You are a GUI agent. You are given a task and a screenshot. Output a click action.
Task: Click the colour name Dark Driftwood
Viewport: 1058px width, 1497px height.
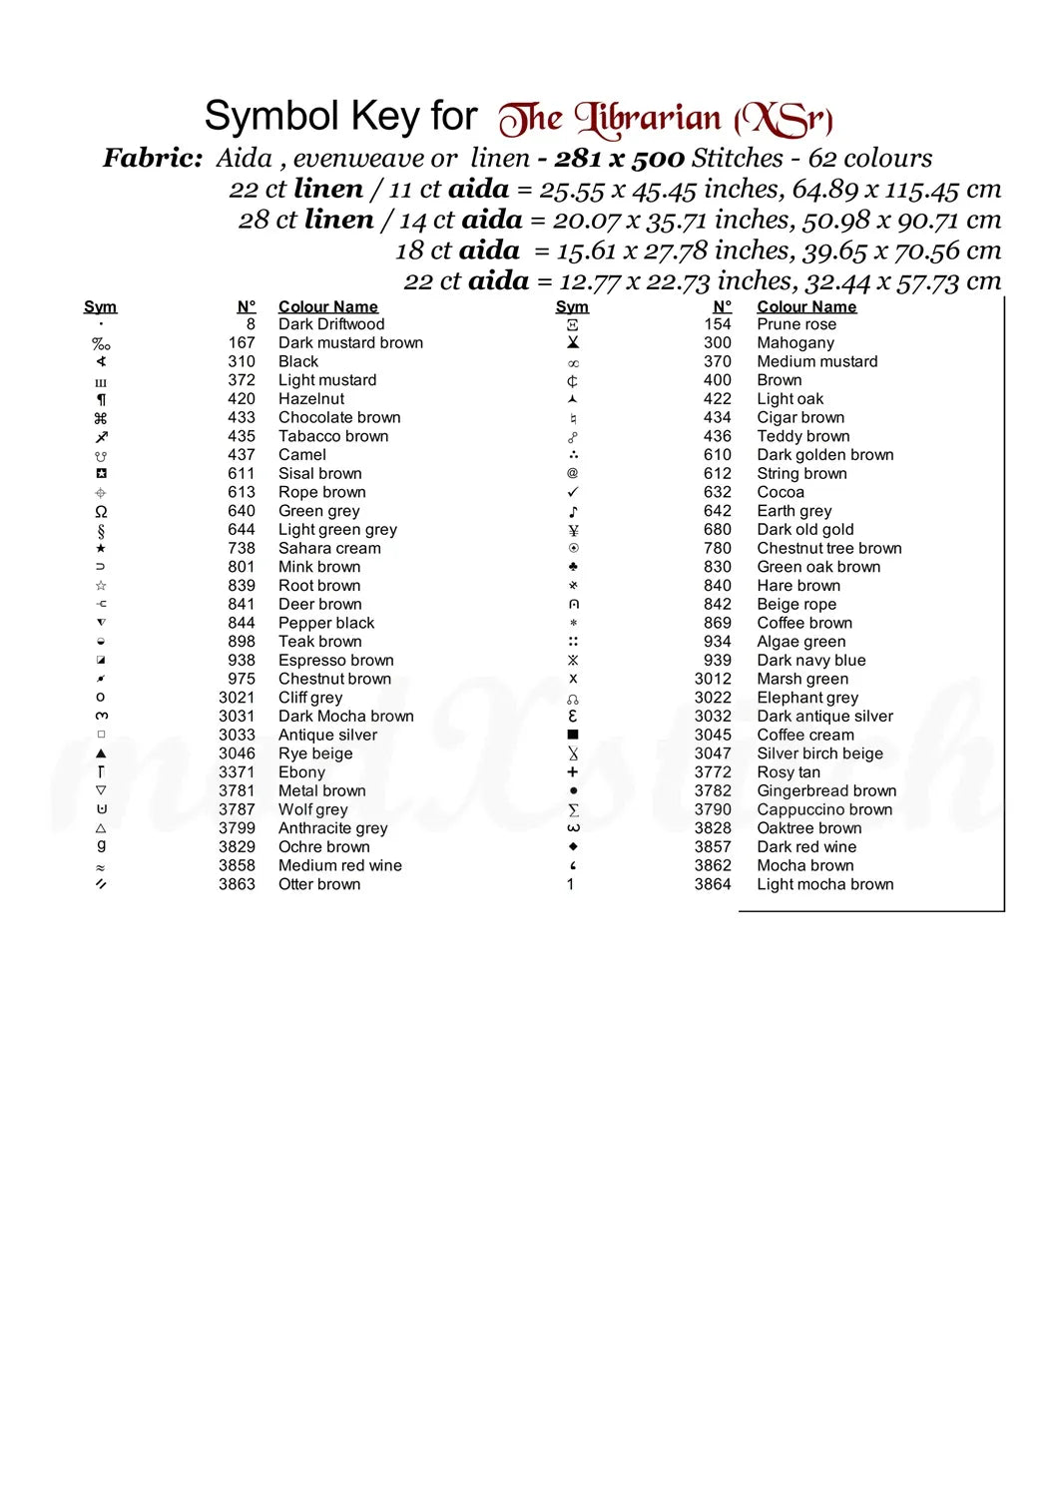331,324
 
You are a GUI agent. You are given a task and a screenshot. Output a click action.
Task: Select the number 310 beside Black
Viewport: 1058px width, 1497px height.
242,361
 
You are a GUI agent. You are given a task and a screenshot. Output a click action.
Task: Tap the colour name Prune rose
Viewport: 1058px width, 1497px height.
796,324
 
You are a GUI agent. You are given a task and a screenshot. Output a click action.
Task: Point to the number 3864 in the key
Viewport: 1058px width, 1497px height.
713,884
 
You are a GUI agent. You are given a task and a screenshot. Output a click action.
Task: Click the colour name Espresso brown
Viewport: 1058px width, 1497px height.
335,661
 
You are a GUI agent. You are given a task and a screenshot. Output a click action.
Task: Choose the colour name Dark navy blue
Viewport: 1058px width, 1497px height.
810,661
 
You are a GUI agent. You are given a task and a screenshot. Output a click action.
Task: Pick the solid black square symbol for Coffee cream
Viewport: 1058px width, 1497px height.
573,735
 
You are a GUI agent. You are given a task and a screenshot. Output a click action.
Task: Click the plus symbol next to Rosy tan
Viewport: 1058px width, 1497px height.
573,772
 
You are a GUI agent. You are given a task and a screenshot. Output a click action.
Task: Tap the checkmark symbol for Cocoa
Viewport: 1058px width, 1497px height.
573,492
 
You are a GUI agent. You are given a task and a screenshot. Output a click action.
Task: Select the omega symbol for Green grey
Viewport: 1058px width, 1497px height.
101,511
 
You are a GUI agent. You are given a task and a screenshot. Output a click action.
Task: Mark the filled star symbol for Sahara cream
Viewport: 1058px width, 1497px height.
101,548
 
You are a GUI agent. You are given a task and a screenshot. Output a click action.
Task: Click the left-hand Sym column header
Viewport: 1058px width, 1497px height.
100,306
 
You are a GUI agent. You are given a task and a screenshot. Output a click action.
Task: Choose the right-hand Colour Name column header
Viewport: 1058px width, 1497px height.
806,306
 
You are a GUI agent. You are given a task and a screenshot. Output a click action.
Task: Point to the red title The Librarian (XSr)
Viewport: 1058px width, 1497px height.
666,120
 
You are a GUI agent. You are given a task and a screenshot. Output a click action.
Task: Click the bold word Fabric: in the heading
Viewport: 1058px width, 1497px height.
153,158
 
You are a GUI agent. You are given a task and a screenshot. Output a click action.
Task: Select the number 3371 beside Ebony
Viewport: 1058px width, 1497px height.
237,772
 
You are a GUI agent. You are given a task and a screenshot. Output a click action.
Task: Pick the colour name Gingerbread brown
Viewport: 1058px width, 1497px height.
826,791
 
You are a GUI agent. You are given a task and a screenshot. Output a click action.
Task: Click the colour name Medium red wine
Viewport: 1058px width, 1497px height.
339,866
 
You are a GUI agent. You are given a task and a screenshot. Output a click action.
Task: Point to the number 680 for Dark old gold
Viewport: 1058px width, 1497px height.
718,530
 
